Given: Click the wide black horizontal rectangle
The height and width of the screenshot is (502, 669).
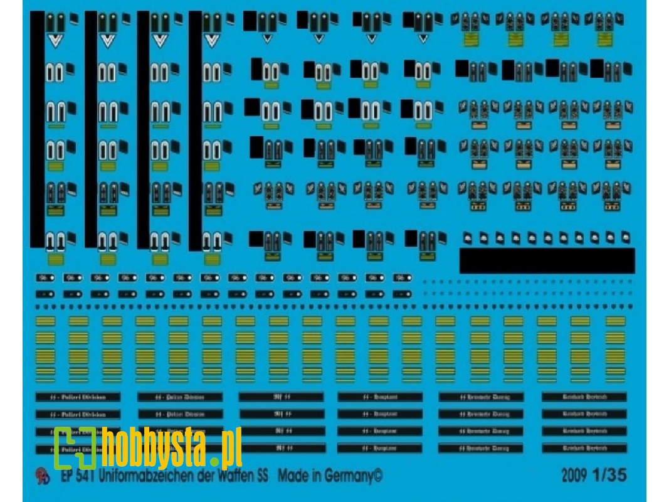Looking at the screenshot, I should (547, 260).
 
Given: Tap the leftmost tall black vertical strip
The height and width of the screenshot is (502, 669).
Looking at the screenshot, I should (37, 132).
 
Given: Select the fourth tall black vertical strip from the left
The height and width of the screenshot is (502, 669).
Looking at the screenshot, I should (195, 132).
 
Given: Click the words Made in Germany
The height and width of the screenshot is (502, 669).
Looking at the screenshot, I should (330, 475).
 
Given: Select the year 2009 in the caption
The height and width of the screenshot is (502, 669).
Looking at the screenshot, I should (573, 475).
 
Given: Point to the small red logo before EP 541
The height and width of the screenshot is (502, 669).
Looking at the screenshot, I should (41, 476).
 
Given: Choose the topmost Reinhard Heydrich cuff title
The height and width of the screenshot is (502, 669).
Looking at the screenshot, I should (583, 397).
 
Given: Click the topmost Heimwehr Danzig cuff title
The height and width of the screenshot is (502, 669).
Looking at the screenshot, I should (481, 397).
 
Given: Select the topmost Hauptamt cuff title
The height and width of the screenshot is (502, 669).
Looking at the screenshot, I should (380, 397).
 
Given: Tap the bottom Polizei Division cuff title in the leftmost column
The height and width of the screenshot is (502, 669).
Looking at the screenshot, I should (76, 448).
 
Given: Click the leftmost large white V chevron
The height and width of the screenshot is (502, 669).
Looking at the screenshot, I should (56, 43).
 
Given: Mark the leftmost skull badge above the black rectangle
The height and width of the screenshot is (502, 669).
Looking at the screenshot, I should (467, 238).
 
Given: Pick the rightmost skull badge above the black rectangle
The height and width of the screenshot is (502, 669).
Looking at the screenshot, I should (625, 237).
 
